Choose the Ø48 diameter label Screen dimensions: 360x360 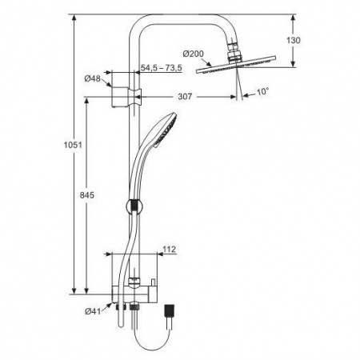click(x=92, y=78)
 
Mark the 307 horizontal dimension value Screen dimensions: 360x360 click(x=186, y=96)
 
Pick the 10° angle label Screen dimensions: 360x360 click(x=262, y=93)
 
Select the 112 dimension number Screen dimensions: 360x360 click(x=169, y=250)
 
